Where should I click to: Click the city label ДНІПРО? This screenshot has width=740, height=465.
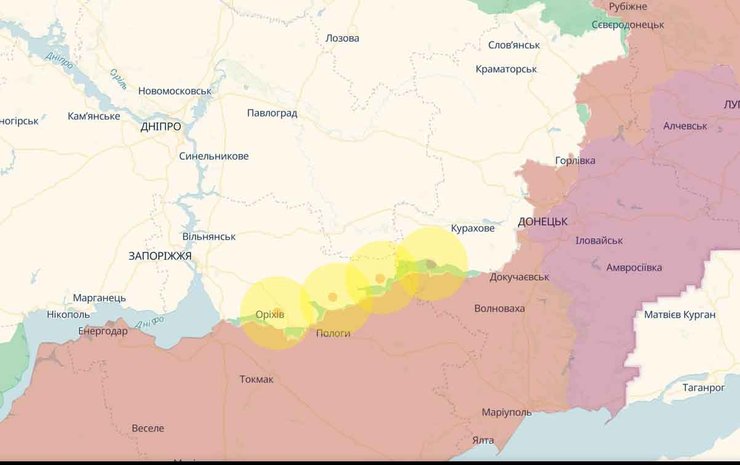[x=161, y=127]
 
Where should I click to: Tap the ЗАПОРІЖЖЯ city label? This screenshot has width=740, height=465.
[x=160, y=256]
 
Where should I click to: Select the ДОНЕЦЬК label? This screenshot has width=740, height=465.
[x=543, y=221]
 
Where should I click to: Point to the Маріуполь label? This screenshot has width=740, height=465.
[x=506, y=413]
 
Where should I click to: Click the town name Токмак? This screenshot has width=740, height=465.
[x=256, y=379]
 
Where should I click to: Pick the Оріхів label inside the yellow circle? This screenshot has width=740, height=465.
[x=270, y=314]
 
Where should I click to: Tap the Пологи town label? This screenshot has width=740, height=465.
[x=333, y=333]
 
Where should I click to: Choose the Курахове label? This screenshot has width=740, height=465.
[x=472, y=229]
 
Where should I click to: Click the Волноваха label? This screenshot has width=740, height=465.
[x=499, y=309]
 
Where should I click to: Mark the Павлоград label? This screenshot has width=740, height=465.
[x=272, y=113]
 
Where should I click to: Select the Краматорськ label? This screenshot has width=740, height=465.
[x=506, y=69]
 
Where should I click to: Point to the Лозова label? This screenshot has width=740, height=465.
[x=342, y=38]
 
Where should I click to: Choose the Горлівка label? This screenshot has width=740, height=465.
[x=574, y=161]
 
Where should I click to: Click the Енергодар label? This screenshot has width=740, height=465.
[x=103, y=331]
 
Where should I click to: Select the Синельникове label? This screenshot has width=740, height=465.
[x=214, y=156]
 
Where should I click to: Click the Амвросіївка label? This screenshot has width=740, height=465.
[x=634, y=267]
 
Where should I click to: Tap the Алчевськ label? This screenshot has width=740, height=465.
[x=685, y=126]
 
